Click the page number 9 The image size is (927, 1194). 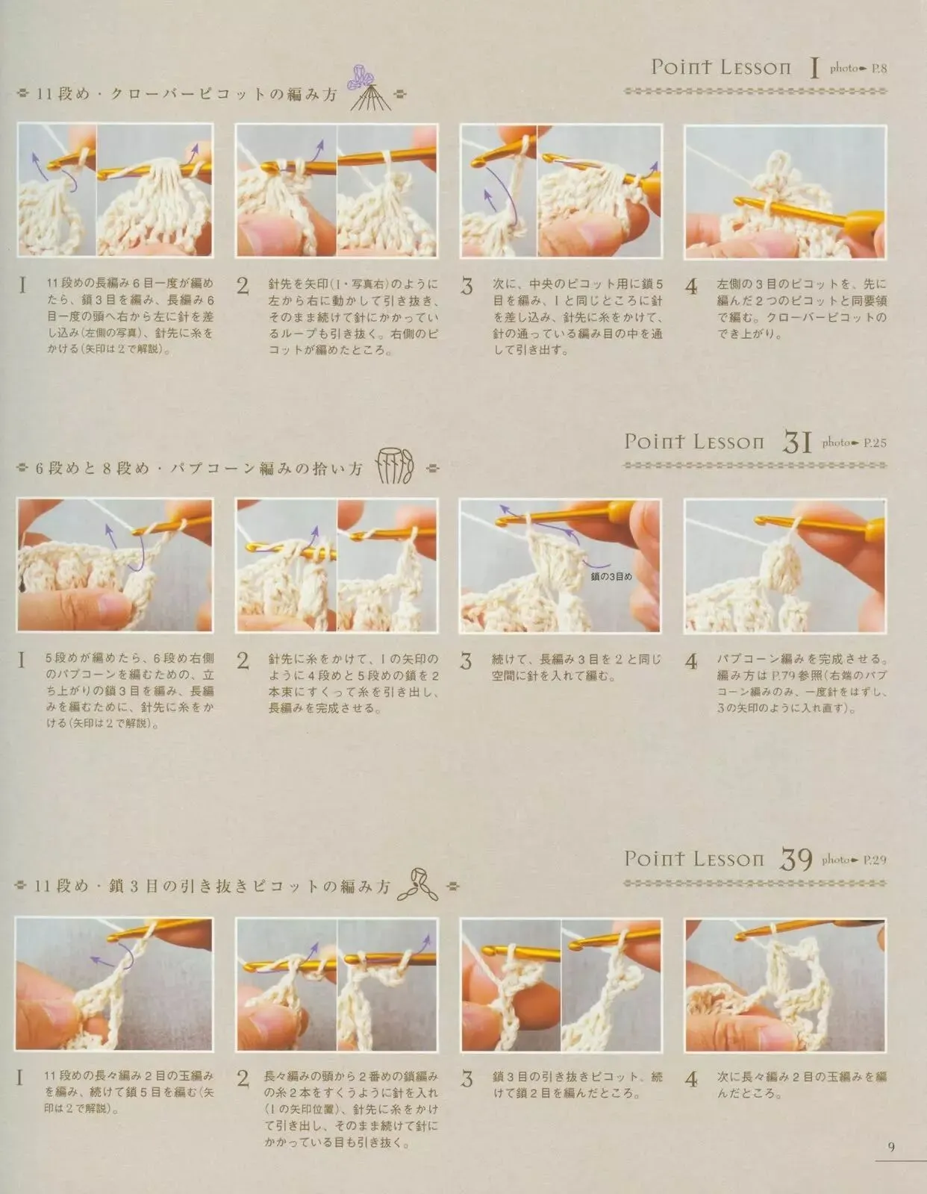(890, 1146)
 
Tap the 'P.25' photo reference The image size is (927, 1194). (875, 443)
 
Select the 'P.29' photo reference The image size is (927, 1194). (875, 860)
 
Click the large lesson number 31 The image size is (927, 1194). (797, 443)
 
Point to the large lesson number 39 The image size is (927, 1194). (796, 860)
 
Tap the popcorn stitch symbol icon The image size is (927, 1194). (395, 466)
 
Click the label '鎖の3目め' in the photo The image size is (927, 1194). (611, 576)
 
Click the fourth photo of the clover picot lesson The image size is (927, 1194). (784, 191)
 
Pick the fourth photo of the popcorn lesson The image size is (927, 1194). (784, 566)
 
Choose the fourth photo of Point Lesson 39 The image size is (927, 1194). (784, 984)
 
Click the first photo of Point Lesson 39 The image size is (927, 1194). (113, 984)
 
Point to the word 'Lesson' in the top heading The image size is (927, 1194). (755, 68)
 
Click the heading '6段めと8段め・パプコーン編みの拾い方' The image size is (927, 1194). (199, 468)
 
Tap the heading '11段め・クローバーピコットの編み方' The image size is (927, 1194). (187, 94)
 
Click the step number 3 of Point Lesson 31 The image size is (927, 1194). (466, 660)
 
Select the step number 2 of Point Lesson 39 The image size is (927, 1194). (243, 1079)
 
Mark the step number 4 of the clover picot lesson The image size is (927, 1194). (691, 287)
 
